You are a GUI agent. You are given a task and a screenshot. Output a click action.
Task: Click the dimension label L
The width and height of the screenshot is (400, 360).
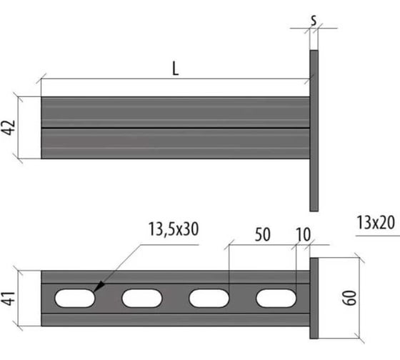tap(175, 69)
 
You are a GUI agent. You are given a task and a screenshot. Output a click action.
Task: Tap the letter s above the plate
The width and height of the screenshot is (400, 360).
tap(314, 20)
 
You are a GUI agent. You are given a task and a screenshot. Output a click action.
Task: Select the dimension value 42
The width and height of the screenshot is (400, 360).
tap(9, 127)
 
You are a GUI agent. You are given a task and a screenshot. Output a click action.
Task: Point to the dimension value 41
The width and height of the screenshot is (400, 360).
tap(9, 298)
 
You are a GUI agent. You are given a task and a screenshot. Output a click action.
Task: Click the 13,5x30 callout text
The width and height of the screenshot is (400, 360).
tap(174, 229)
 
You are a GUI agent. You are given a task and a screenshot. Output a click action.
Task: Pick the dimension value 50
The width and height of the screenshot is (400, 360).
tap(263, 234)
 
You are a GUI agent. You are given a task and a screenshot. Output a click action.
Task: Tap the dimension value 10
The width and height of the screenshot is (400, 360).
tap(304, 234)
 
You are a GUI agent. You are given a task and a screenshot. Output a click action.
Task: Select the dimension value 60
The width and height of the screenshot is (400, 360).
tap(349, 298)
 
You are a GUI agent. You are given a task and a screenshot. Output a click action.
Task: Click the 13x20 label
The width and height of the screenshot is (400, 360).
tap(376, 222)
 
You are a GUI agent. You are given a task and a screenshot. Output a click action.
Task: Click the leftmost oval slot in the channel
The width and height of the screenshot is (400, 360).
tap(75, 298)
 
